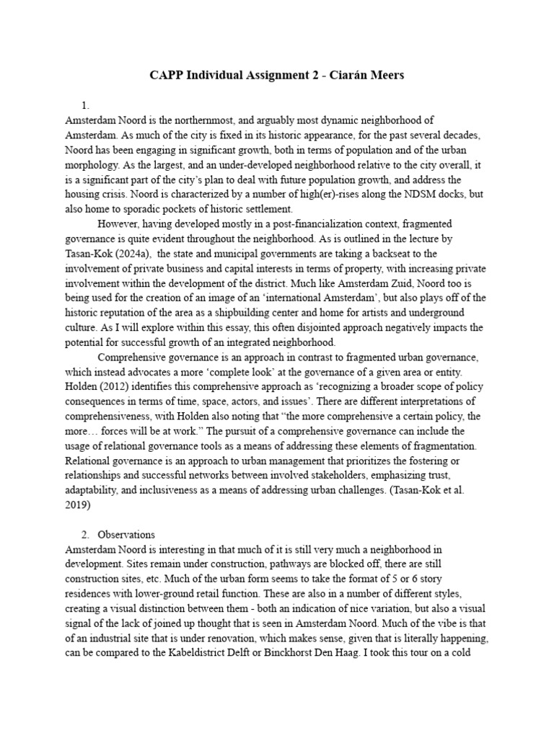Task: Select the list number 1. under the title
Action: [x=86, y=105]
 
